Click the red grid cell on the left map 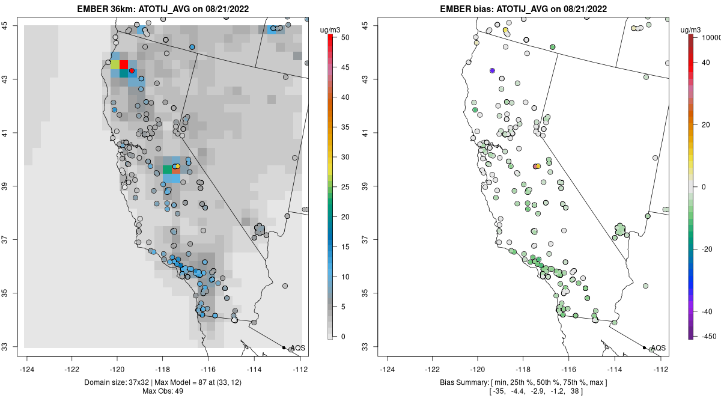[124, 64]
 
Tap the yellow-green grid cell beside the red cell [114, 64]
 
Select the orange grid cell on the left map [176, 170]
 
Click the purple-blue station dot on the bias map [492, 70]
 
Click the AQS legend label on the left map [297, 348]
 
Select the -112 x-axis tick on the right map [661, 369]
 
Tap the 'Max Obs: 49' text [163, 391]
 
